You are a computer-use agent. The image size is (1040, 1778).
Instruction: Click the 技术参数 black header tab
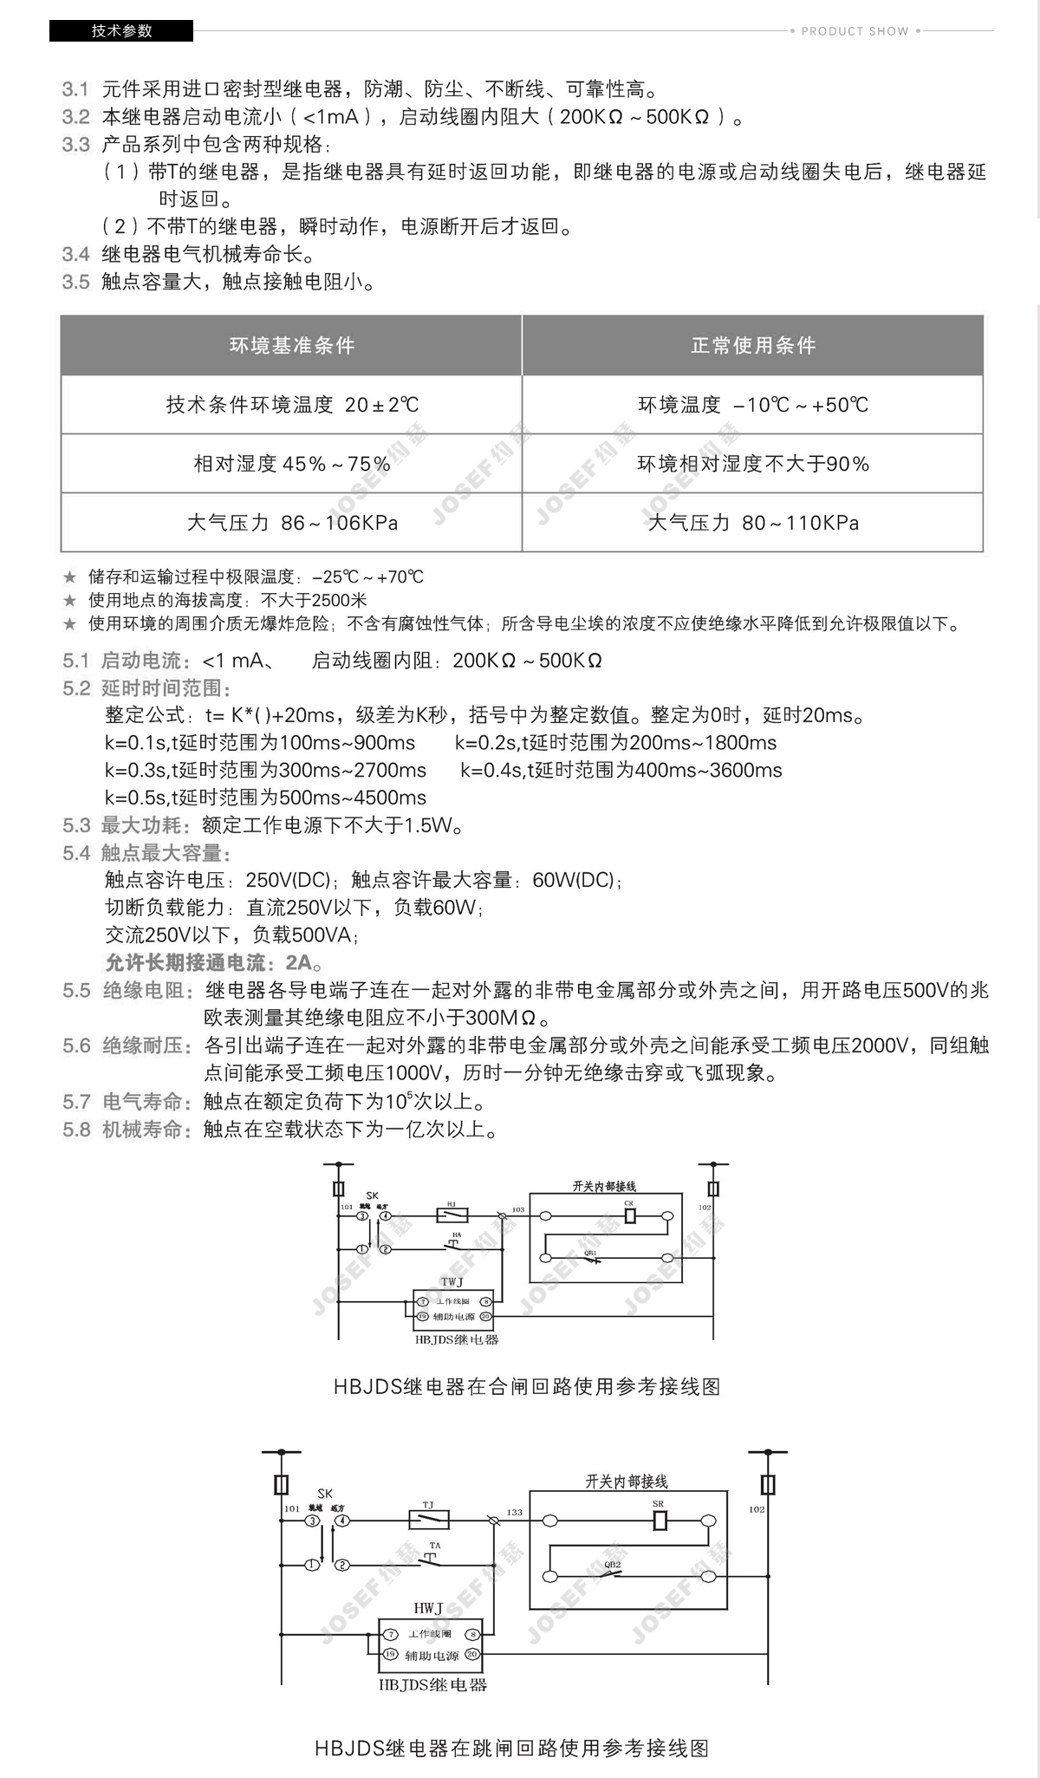click(x=121, y=31)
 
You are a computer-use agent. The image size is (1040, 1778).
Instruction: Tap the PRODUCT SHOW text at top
click(x=855, y=31)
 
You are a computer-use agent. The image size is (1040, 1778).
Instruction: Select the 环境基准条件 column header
click(x=291, y=346)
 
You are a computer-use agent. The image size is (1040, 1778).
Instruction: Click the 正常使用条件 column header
click(x=752, y=346)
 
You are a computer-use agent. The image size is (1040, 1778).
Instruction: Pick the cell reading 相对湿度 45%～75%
click(x=291, y=464)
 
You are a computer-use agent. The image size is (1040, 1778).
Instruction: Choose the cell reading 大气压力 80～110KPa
click(x=752, y=523)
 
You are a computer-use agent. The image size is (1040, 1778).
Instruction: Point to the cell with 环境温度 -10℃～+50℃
click(x=752, y=405)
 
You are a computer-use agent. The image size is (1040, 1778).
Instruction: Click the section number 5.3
click(x=76, y=825)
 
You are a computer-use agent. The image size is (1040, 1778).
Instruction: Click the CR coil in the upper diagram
click(x=630, y=1216)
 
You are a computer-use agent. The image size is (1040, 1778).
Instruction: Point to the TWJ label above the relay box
click(x=452, y=1282)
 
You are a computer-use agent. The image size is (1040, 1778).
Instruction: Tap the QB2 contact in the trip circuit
click(x=613, y=1574)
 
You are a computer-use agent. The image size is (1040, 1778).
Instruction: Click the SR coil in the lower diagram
click(x=660, y=1521)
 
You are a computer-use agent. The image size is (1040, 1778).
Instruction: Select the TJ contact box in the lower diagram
click(x=428, y=1520)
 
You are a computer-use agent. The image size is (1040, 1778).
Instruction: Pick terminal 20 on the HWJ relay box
click(x=473, y=1654)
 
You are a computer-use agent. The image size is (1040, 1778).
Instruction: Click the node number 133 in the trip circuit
click(x=515, y=1512)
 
